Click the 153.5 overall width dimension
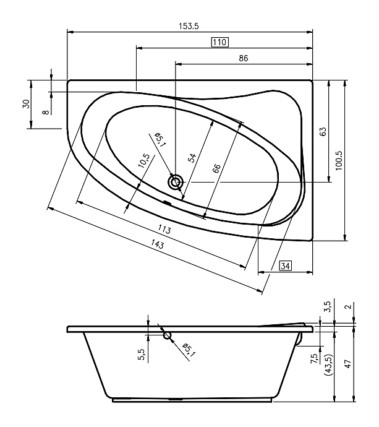click(189, 26)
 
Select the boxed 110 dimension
click(220, 42)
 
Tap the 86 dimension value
click(244, 58)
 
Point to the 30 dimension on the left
click(26, 104)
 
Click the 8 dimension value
click(46, 111)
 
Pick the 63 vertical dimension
click(323, 132)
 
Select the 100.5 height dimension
click(339, 161)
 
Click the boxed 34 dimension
click(286, 265)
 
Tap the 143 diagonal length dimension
click(157, 244)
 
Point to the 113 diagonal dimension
click(164, 230)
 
